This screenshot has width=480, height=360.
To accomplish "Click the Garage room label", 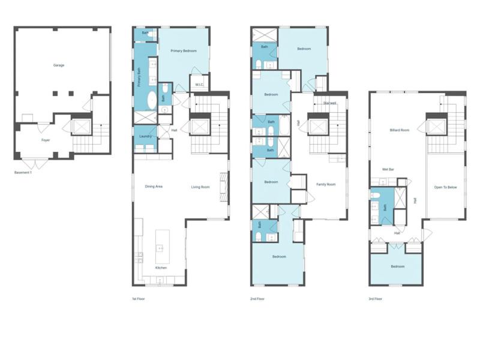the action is coord(59,65).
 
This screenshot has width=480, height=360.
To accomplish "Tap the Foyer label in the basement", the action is coord(46,140).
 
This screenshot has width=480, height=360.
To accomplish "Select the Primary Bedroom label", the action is coord(184,51).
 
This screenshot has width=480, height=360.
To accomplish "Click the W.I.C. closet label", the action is coord(199,85).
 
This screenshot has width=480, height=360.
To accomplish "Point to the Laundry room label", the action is coord(145,136).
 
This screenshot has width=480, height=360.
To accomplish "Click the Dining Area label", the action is coord(154,187).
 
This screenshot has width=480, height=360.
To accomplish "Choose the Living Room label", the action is coord(200,187).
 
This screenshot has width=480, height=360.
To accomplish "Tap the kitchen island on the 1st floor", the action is coord(163,247).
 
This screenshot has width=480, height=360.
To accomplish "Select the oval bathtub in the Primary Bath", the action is coord(152,100).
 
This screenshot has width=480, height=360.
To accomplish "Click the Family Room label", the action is coord(326,184).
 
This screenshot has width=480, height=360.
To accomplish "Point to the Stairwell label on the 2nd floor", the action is coord(329,103).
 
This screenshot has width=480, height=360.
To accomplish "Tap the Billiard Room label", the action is coord(399,130).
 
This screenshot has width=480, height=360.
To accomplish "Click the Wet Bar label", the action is coord(388,169).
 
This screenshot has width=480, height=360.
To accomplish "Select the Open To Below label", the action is coord(445,187).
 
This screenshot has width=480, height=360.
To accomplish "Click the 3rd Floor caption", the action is coord(376,299).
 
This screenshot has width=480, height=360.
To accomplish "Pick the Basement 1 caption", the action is coord(23,173).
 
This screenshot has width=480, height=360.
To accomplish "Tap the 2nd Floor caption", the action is coord(257,299).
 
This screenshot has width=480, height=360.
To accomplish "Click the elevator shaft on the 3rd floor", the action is coord(437,127).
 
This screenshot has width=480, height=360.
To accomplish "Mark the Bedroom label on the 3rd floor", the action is coord(397,266).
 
